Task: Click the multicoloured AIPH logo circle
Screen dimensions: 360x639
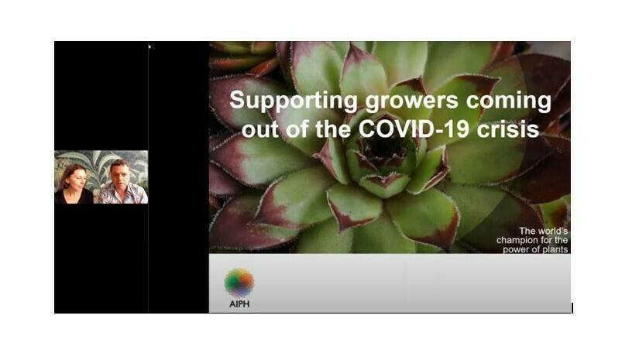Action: coord(239,282)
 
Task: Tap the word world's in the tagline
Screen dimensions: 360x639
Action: coord(553,231)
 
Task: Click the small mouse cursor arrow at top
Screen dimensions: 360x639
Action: coord(149,46)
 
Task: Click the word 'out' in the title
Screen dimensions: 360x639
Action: coord(259,128)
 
